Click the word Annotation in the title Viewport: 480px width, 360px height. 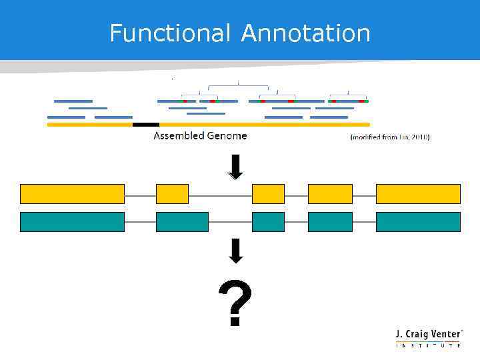tap(305, 33)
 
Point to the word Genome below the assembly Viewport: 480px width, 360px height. tap(225, 136)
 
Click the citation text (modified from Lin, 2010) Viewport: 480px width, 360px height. tap(390, 137)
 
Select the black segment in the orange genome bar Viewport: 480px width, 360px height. tap(146, 124)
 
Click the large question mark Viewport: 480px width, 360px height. tap(235, 304)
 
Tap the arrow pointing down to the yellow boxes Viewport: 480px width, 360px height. tap(235, 167)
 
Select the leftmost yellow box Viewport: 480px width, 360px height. tap(72, 194)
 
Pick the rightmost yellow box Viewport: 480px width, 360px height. tap(418, 194)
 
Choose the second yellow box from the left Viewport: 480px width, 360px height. tap(172, 194)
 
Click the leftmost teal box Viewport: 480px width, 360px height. tap(72, 222)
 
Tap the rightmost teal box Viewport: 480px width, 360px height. tap(418, 222)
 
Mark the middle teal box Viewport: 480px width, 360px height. tap(268, 222)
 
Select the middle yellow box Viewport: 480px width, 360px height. tap(268, 194)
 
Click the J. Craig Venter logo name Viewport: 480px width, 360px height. tap(427, 334)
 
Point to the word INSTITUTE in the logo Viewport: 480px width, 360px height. tap(428, 345)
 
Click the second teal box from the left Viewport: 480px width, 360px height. tap(182, 222)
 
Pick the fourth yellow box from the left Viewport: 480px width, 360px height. tap(330, 194)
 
